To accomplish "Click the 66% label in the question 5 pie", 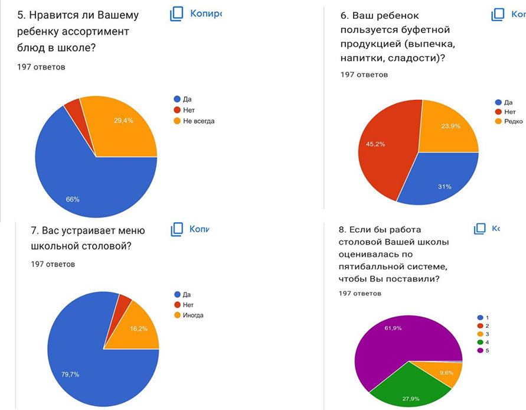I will (72, 200).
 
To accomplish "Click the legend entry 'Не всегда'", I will (198, 121).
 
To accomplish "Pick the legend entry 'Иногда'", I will (193, 315).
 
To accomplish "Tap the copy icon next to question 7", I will (177, 229).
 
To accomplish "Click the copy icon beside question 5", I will (177, 14).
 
